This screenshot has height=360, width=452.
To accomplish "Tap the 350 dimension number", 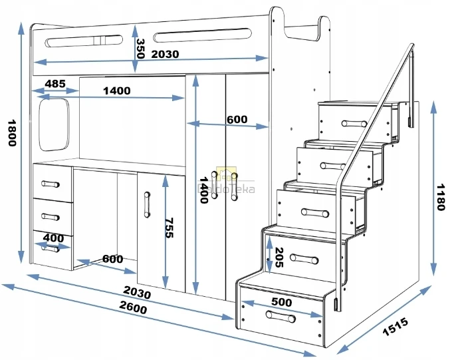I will point(140,49).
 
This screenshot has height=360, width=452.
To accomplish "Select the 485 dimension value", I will point(55,84).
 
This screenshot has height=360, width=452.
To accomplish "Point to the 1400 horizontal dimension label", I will point(117,90).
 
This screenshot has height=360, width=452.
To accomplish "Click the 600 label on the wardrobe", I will point(237,120).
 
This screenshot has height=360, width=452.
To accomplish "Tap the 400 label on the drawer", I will point(53,238).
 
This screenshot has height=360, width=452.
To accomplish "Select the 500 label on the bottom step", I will point(281,301).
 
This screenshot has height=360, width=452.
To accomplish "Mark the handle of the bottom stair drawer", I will point(281,317).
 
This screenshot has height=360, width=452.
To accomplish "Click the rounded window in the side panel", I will point(55,124).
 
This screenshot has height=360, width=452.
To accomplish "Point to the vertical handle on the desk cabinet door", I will point(147,205).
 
